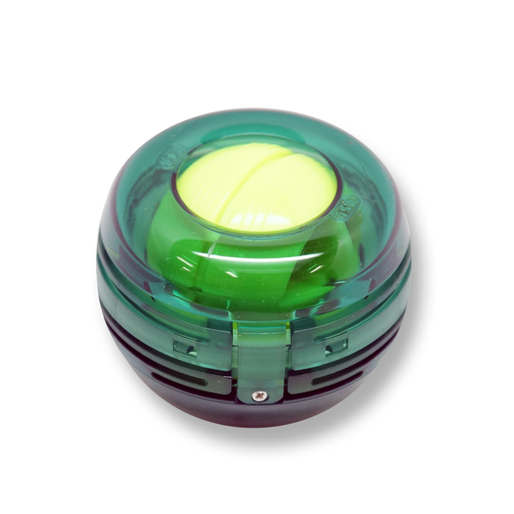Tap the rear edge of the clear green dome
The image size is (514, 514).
tap(257, 116)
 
